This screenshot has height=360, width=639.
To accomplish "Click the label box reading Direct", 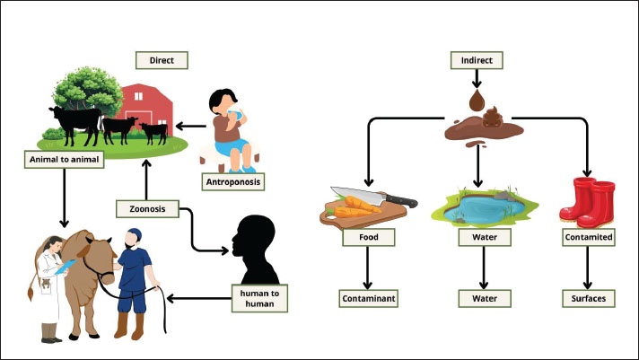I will [x=162, y=61].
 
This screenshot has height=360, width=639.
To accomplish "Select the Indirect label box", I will [x=476, y=61].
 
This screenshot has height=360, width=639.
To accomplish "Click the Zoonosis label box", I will [x=147, y=210].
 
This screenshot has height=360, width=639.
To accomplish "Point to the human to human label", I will [x=260, y=298].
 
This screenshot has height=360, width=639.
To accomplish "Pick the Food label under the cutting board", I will [x=367, y=238].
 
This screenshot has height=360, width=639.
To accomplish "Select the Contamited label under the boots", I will [x=589, y=238].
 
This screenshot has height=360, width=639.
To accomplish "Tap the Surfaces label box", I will [x=589, y=297].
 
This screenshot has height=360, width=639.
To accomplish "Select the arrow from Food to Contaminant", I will [x=367, y=267].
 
